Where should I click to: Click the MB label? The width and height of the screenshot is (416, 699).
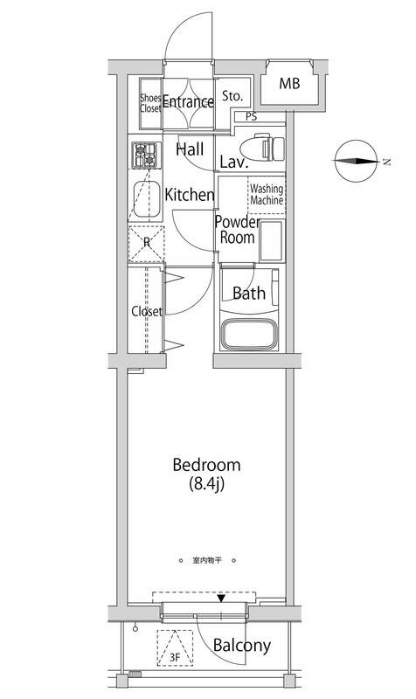point(289,83)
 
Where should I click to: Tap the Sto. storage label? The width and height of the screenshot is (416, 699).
point(232,96)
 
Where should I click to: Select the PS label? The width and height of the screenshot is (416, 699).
point(252,117)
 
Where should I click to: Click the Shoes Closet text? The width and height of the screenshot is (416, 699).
point(150,103)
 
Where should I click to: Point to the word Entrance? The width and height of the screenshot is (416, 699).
point(188,101)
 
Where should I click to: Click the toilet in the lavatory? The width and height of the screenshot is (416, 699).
point(262,148)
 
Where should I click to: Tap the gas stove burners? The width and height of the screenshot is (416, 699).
point(146,156)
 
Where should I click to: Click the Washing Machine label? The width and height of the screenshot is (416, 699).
point(267,195)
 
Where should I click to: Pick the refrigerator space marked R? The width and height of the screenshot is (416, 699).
point(146,244)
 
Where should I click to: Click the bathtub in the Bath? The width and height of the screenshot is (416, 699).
point(250,334)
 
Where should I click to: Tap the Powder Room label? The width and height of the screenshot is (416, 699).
point(237,230)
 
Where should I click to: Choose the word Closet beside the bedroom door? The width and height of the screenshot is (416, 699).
point(147,311)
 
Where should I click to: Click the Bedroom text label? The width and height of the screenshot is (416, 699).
point(206,465)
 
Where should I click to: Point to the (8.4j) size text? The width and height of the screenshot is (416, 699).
point(206,484)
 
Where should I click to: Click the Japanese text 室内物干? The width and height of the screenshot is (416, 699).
point(207,560)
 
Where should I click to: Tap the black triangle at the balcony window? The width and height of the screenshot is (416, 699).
point(221,598)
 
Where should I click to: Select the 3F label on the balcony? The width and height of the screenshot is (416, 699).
point(175,656)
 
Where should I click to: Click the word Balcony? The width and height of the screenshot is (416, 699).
point(242,646)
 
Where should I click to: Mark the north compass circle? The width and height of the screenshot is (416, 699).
point(355,161)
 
